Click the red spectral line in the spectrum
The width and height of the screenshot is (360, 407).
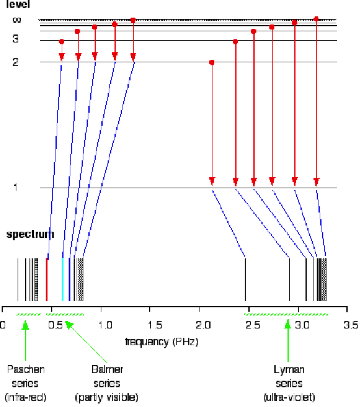(47, 280)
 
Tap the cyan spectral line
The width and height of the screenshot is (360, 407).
(62, 280)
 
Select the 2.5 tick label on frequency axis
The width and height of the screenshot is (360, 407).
(253, 325)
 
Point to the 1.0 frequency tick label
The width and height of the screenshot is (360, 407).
(105, 325)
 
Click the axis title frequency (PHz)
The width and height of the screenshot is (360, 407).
(162, 342)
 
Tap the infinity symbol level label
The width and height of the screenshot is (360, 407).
(17, 19)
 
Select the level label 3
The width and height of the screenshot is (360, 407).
(16, 39)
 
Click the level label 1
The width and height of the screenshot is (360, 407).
(16, 187)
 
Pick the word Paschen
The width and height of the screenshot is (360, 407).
(26, 369)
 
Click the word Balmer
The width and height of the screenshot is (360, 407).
(107, 369)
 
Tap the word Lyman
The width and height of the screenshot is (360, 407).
(289, 370)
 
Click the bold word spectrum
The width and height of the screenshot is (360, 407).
(30, 234)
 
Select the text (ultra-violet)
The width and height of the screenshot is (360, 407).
(289, 397)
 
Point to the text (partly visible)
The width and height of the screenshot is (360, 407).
(107, 397)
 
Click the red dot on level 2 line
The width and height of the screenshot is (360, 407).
(212, 62)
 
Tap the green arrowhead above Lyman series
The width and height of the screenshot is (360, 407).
(287, 325)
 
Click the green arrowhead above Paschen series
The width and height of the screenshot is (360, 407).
(25, 325)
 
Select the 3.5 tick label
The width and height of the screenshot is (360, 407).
(351, 325)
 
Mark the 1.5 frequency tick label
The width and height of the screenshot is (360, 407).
(155, 325)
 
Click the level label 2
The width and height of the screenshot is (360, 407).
(16, 62)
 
